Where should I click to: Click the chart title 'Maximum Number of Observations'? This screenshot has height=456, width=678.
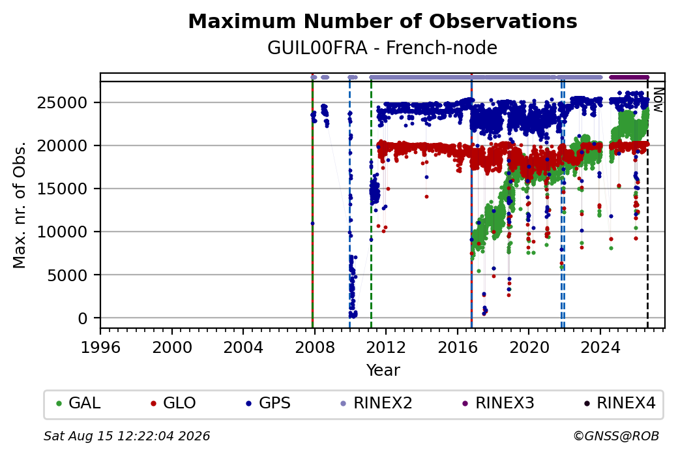point(383,21)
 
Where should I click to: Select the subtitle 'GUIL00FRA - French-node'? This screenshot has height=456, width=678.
point(382,48)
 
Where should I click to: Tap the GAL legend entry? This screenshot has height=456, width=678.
point(78,403)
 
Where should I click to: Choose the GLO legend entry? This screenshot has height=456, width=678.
point(173,403)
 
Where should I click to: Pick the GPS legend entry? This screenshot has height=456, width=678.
point(268,403)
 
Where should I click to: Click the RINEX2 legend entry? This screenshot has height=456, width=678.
point(376,403)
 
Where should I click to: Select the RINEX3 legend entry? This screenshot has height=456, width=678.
point(498,403)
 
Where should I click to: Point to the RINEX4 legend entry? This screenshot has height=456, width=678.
point(619,403)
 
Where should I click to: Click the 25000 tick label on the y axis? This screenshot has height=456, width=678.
point(63,103)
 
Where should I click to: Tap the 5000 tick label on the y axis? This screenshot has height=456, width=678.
point(67,275)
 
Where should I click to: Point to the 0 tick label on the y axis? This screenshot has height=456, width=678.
point(83,318)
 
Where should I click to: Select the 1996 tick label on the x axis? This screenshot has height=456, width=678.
point(101,348)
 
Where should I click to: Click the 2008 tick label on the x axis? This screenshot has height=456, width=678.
point(315,348)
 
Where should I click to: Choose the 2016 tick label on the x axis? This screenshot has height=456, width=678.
point(458,348)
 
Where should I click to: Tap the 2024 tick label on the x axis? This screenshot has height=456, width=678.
point(600,348)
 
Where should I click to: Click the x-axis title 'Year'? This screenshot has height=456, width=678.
point(383,371)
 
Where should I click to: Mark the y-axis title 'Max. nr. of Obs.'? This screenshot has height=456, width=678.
point(19,205)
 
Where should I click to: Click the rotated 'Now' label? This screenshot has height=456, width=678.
point(658,100)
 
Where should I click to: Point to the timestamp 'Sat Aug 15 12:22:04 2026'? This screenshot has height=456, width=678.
point(126,436)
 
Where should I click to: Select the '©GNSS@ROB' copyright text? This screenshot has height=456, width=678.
point(616,436)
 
